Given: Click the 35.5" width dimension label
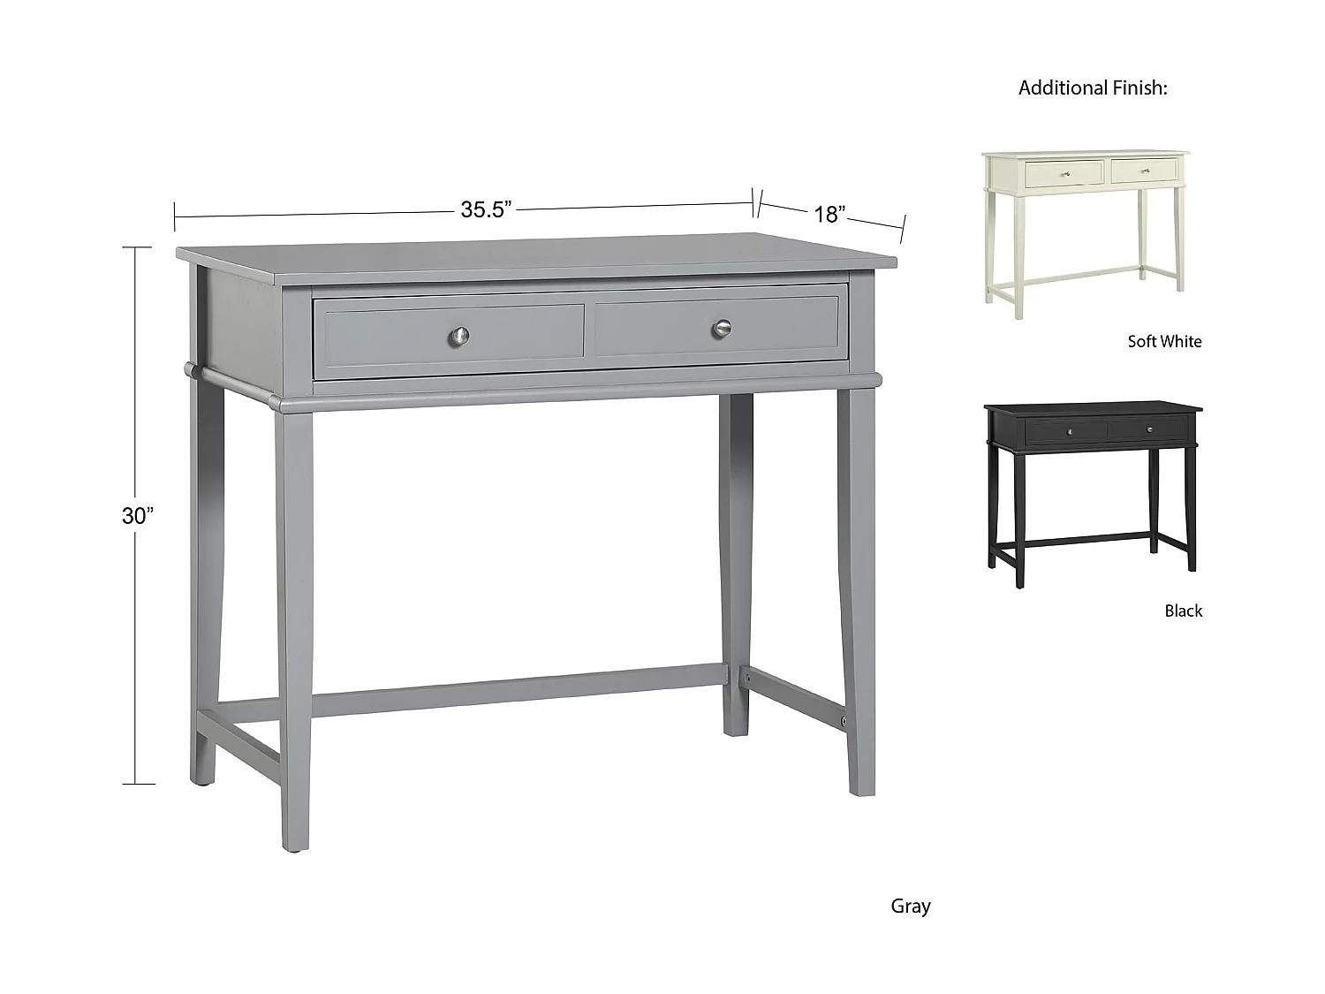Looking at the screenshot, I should tap(486, 209).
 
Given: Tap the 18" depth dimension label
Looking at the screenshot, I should tap(829, 215).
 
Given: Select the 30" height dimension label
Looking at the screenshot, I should tap(138, 515).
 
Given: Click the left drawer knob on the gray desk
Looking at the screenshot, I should tap(459, 335).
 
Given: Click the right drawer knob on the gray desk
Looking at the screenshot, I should tap(722, 329).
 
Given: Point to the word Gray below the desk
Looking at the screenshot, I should tap(910, 906).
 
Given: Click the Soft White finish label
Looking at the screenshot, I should tap(1163, 341).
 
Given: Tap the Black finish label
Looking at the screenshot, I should tap(1183, 611).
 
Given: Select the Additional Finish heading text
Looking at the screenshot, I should tap(1093, 87).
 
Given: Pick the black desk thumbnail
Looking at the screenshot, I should tap(1092, 490).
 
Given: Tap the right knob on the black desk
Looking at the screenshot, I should tap(1150, 430).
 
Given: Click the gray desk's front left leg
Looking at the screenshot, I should tap(295, 618).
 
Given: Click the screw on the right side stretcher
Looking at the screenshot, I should tap(844, 721).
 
